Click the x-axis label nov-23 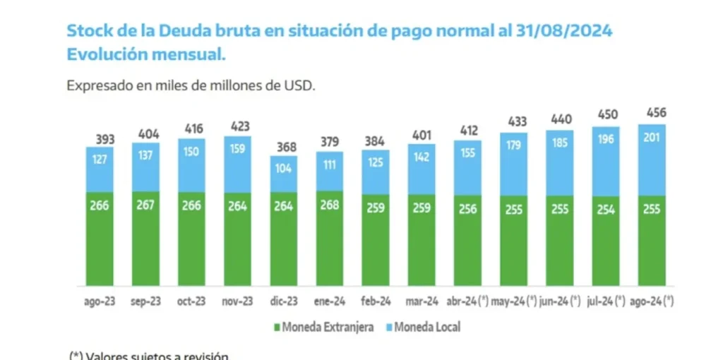point(237,301)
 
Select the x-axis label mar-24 point(421,301)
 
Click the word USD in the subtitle point(299,85)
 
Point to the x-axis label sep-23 point(145,301)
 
